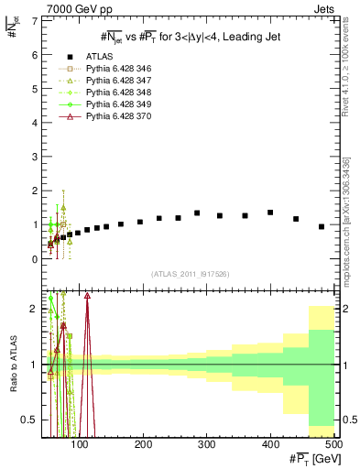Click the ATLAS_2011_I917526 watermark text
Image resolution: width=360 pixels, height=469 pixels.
coord(190,274)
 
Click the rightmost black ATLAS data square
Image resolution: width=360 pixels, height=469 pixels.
coord(322,226)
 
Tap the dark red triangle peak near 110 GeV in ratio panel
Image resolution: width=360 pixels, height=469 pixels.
coord(87,296)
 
